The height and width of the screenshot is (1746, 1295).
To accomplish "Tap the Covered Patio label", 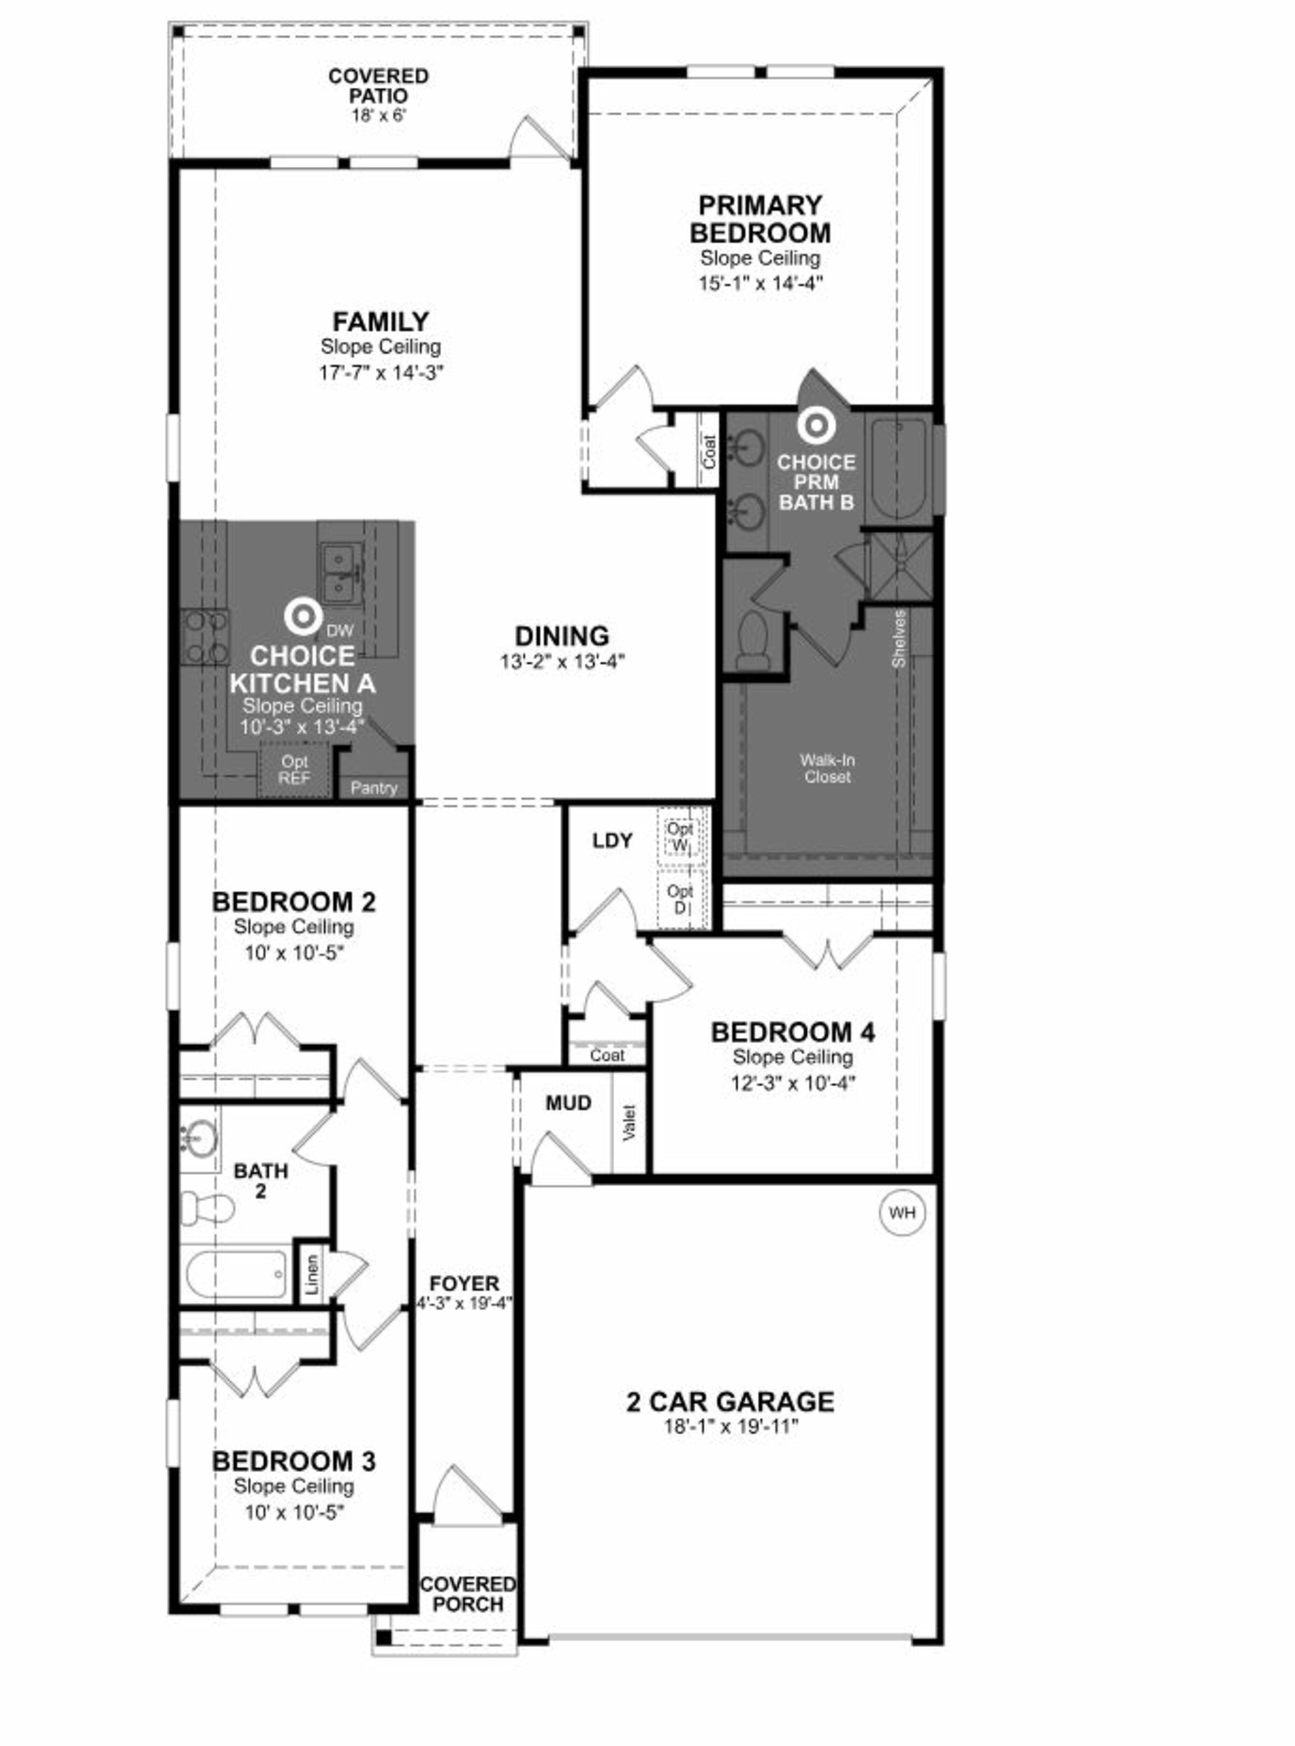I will click(x=379, y=86).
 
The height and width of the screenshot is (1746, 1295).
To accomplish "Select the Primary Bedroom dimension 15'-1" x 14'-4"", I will click(x=760, y=283).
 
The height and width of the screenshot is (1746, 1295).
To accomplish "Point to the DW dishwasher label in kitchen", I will click(x=339, y=630).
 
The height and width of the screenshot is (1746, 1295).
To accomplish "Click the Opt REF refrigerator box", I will click(x=295, y=770).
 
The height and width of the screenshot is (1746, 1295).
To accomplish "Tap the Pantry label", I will click(x=374, y=788).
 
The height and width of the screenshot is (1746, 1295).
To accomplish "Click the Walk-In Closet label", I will click(x=827, y=768).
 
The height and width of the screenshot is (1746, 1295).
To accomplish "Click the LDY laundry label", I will click(x=612, y=841).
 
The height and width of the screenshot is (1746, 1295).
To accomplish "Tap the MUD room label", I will click(x=568, y=1103).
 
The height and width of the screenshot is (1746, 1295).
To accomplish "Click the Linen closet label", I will click(x=312, y=1275).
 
